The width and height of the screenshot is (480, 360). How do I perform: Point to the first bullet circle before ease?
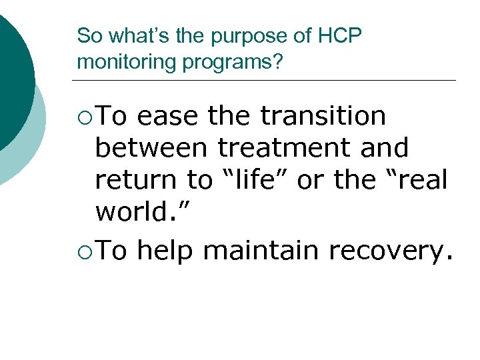point(83,117)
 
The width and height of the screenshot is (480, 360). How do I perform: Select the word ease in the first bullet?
point(167,116)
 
